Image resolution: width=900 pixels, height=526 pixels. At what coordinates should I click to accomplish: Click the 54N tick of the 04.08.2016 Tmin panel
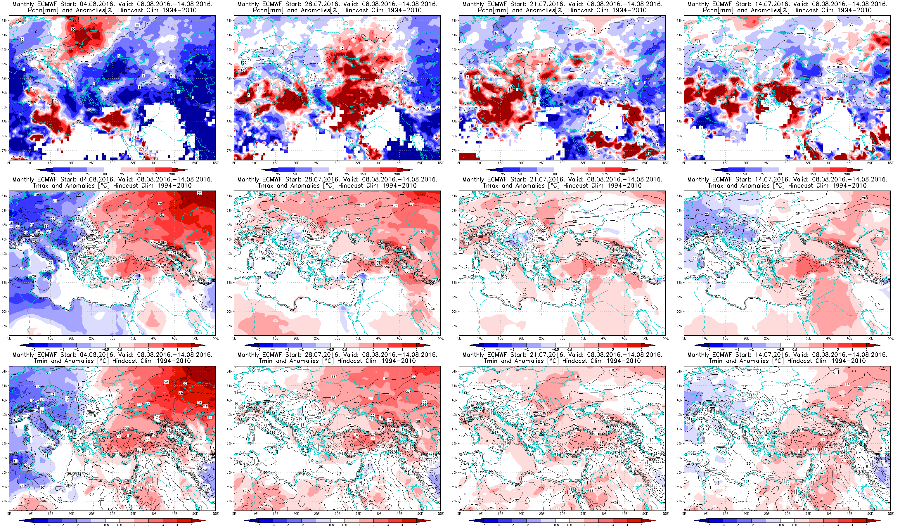pos(5,371)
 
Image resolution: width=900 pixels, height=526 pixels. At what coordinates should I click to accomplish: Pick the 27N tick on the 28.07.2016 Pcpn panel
pos(230,151)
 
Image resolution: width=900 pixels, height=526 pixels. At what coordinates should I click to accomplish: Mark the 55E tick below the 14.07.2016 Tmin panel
pos(890,513)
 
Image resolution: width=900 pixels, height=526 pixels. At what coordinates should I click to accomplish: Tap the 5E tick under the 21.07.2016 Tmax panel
pos(459,338)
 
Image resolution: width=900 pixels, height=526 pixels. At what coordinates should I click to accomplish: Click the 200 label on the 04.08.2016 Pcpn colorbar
pos(172,174)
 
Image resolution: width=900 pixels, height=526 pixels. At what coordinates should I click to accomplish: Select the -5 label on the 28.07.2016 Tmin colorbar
pos(259,525)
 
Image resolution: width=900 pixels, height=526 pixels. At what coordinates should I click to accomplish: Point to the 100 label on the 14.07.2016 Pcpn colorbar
pos(779,174)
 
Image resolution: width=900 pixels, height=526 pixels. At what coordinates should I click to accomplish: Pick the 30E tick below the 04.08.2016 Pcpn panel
pos(112,163)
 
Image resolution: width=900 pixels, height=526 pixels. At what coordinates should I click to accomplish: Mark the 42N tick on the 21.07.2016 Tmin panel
pos(455,429)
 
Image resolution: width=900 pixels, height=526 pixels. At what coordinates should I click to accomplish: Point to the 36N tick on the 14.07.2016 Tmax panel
pos(680,283)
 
